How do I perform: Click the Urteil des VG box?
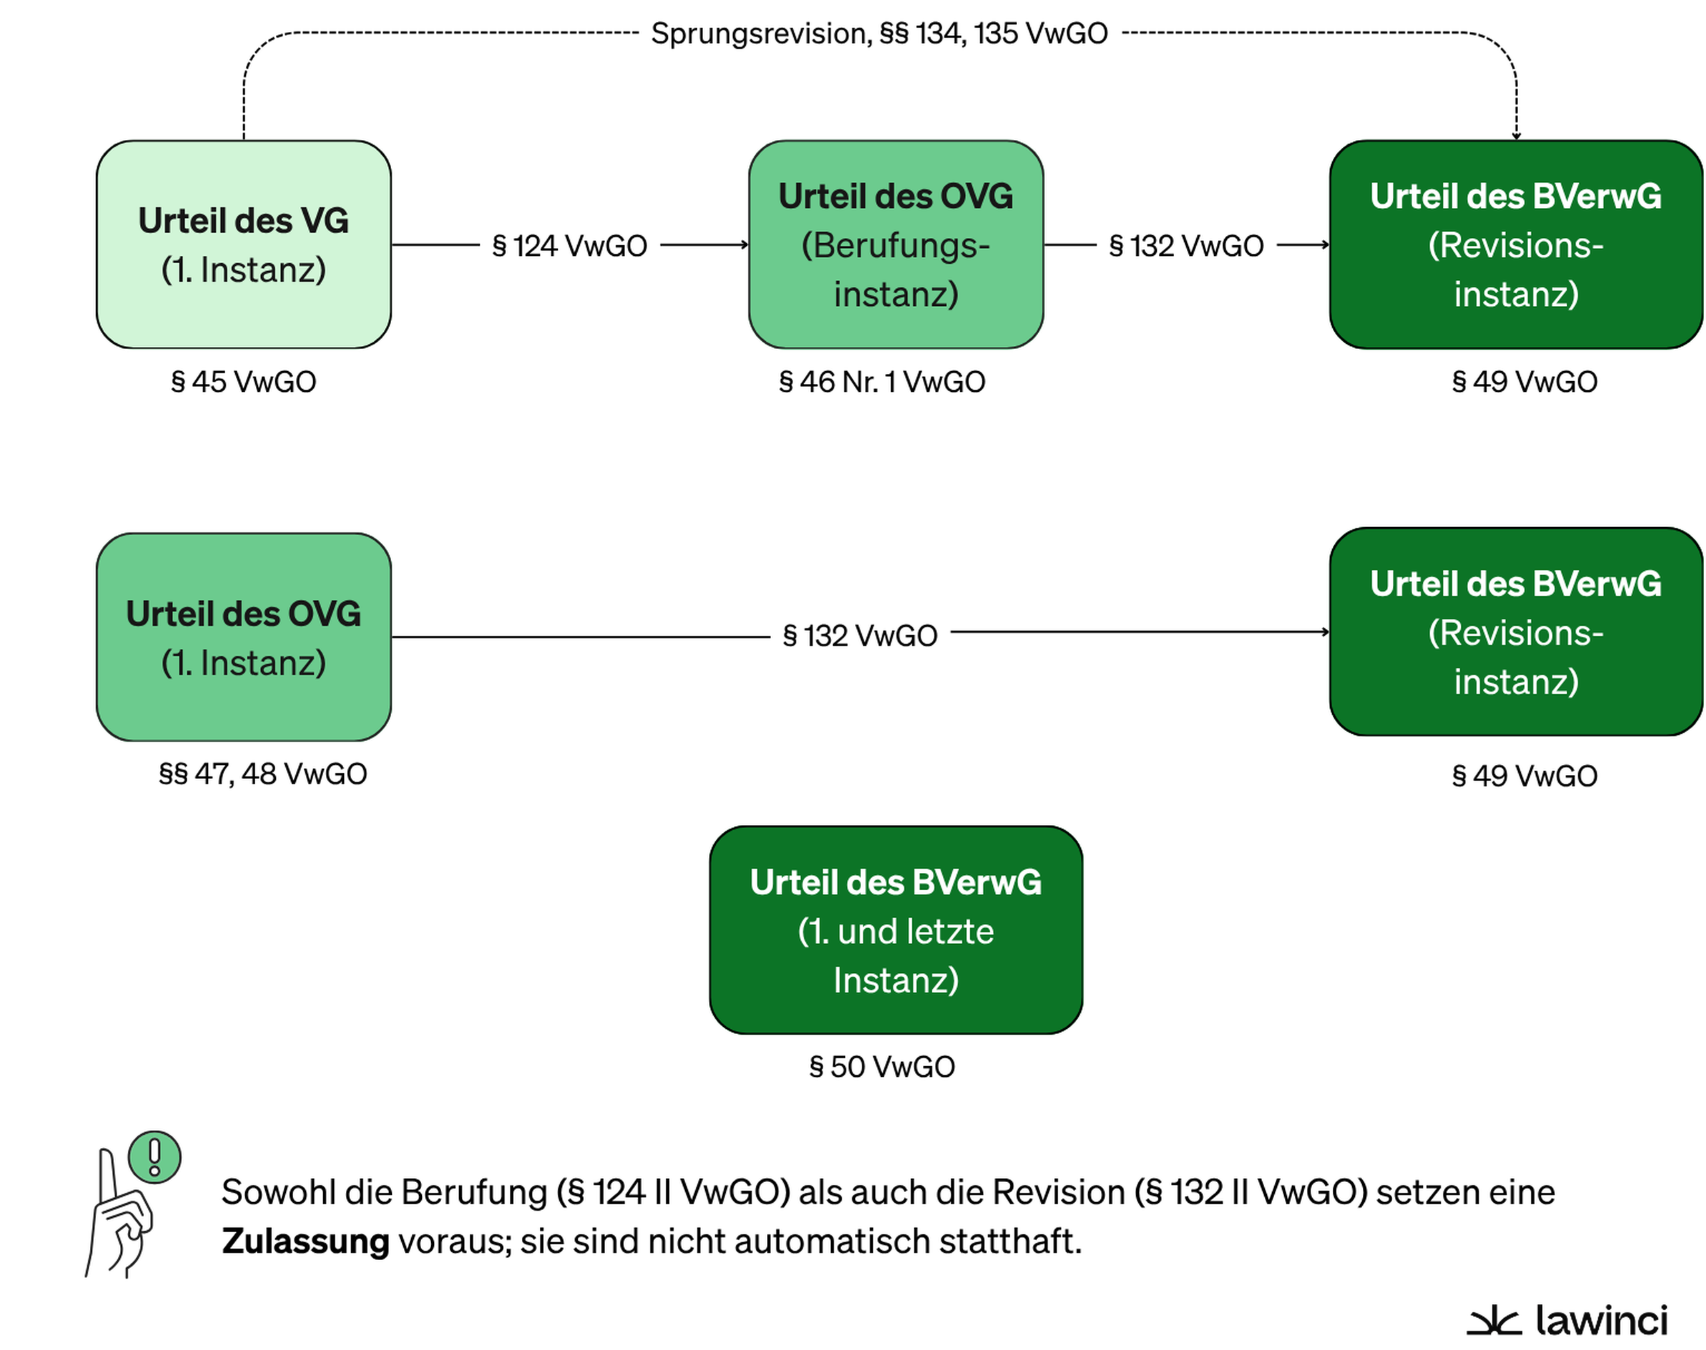243,245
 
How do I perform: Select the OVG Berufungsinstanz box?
896,245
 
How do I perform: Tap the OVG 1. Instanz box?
243,637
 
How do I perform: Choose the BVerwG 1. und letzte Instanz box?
896,930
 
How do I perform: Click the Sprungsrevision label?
879,34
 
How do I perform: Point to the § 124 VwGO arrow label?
569,246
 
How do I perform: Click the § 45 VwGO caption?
243,382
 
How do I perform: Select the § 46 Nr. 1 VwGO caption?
882,382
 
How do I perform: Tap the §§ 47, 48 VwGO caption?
263,774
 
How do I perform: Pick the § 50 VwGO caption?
882,1067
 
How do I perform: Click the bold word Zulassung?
305,1241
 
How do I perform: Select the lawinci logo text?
1601,1320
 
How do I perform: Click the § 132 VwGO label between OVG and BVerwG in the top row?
1186,246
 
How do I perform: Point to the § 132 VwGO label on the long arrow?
860,636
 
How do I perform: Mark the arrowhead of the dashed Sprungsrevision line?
1516,136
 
